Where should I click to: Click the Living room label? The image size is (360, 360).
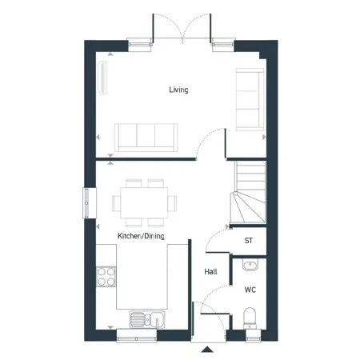pos(178,90)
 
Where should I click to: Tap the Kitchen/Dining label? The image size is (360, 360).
pos(141,236)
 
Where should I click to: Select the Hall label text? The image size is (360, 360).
pos(210,272)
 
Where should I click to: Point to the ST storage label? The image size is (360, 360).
pos(249,241)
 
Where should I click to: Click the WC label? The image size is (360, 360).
pos(250,290)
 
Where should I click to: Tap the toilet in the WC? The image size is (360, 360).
pos(250,318)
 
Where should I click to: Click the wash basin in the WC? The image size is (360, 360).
pos(250,265)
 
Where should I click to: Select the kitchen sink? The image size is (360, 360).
pos(147,319)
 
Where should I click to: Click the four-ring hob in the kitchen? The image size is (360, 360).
pos(106,277)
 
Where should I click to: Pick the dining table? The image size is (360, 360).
pos(144,203)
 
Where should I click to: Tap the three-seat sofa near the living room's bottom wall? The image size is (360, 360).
pos(146,138)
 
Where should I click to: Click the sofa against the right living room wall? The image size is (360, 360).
pos(250,100)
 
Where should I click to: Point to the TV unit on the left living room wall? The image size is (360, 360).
pos(102,78)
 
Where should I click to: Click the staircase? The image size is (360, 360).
pos(248,192)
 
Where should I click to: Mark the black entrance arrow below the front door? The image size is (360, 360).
pos(207,350)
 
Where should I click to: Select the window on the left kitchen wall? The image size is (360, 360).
pos(86,203)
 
